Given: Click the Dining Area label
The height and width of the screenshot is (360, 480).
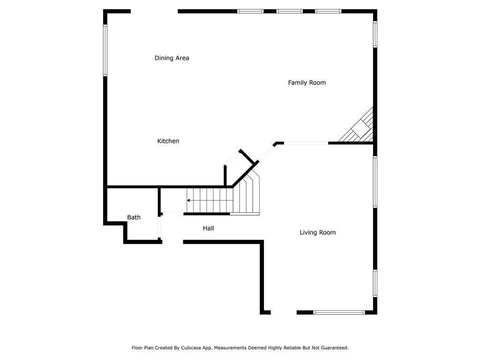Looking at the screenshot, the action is (172, 58).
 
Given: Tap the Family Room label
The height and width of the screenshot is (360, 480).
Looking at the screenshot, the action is (307, 82).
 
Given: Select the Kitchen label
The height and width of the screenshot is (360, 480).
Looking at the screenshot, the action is (168, 141).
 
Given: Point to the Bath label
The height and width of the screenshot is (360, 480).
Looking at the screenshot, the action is (134, 217).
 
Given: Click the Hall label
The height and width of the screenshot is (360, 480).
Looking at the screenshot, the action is (208, 228).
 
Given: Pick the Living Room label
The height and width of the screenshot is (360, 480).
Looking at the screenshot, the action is (317, 232).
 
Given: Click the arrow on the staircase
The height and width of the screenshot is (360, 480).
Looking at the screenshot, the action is (189, 201).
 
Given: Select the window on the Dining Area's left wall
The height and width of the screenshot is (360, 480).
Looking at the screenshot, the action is (105, 50).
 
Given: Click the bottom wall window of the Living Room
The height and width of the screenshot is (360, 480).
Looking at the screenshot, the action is (338, 312).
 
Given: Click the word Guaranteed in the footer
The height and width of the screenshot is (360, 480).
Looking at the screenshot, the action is (333, 348).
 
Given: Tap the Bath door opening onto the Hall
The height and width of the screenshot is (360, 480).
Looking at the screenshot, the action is (160, 227).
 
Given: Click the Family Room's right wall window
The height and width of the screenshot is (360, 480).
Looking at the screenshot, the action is (375, 34).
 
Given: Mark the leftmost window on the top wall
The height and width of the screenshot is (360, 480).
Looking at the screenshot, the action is (250, 11).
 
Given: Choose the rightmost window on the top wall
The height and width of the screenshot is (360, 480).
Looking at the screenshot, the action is (328, 11).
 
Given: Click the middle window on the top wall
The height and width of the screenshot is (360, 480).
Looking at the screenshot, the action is (289, 11).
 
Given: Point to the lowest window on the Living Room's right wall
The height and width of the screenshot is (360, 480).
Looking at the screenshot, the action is (375, 283).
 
